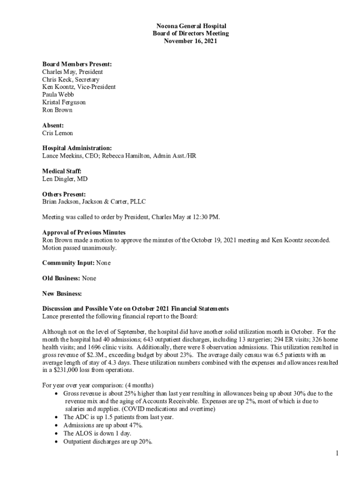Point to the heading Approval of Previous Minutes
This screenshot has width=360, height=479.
[84, 232]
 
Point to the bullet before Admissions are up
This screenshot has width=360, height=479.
[57, 425]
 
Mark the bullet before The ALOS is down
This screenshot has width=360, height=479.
[57, 433]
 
